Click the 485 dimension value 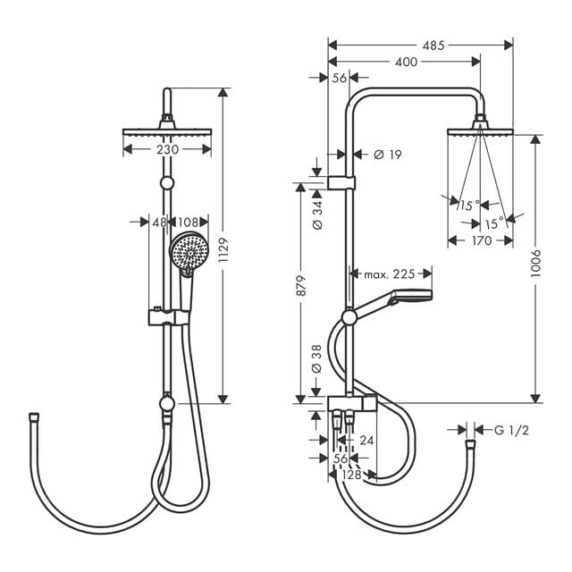(433, 44)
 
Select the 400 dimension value (405, 62)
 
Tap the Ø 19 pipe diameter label (386, 155)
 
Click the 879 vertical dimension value (301, 286)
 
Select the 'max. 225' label (389, 273)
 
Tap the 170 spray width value (480, 240)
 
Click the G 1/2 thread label (512, 431)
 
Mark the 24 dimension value (366, 440)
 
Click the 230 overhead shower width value (167, 149)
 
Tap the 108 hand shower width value (189, 221)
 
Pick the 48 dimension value (158, 221)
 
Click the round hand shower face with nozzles (188, 250)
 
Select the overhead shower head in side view (480, 130)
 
